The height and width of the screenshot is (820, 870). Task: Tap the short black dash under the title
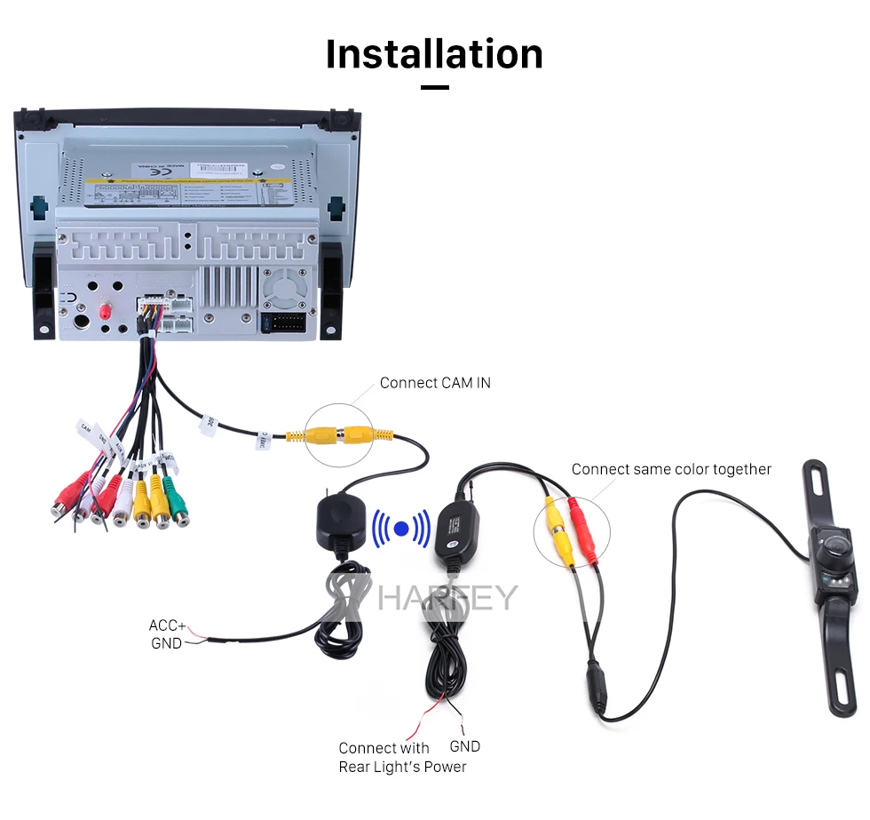point(434,87)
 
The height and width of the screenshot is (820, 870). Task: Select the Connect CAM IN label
point(435,383)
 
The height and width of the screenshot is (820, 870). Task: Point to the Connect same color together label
point(671,469)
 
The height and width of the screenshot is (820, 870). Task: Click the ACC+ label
point(167,625)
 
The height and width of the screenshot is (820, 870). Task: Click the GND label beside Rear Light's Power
point(464,746)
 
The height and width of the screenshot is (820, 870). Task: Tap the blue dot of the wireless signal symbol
point(400,529)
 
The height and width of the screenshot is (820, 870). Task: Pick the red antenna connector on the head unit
point(107,314)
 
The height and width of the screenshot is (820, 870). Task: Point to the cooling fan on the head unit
point(284,287)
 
